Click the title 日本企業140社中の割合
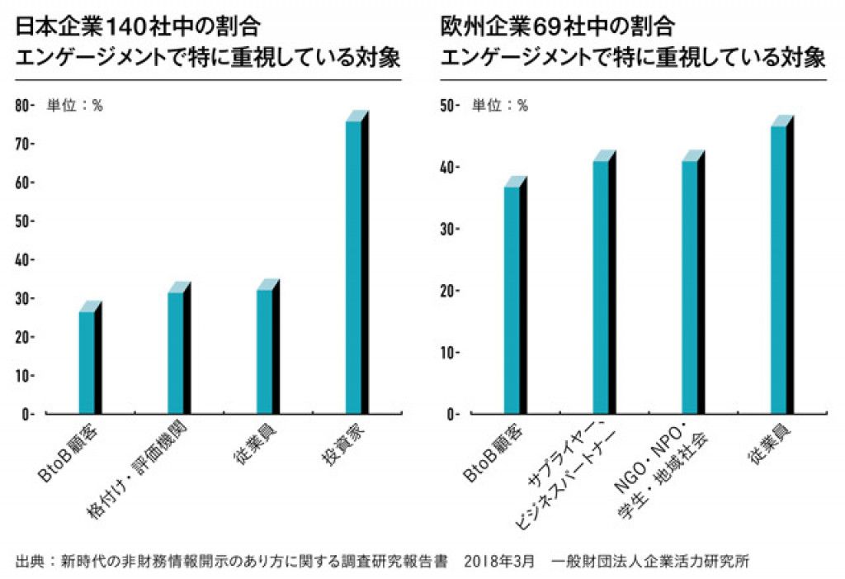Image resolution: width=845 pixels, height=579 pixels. (139, 27)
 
